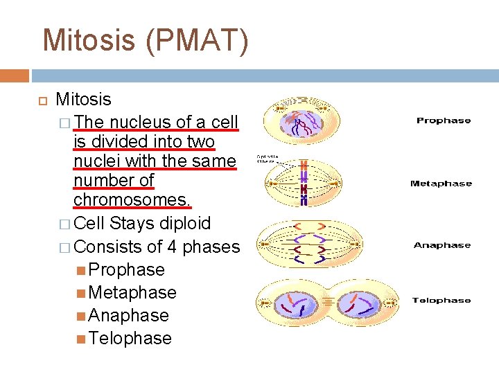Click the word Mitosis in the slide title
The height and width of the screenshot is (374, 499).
pos(89,40)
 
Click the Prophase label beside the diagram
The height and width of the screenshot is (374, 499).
pos(444,121)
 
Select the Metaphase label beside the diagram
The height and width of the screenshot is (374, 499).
pos(441,184)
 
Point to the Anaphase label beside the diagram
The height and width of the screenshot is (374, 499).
pos(442,245)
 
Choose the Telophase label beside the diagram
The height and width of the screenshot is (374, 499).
pos(441,301)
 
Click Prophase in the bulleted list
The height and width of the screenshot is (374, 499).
pos(127,269)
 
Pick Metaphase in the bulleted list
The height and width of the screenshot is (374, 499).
pos(132,292)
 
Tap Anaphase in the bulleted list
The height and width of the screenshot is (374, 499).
pos(129,315)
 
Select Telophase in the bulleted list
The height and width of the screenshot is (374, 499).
pos(130,338)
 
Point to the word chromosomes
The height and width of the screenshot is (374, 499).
pos(132,199)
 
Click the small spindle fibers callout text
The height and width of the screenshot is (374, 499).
pos(267,159)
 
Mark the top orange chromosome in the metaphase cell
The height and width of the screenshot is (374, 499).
pos(304,166)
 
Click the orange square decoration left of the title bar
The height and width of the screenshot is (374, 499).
pos(15,75)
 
